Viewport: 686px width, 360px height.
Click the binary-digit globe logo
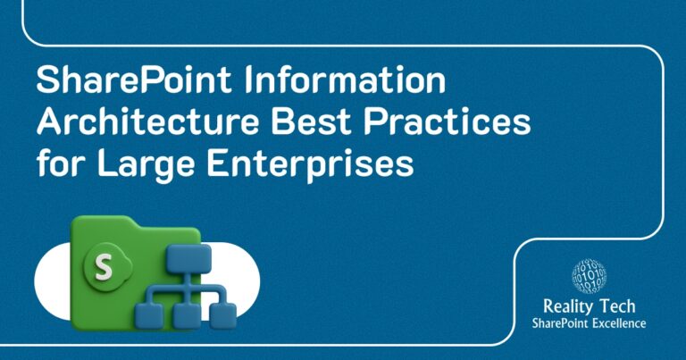(589, 277)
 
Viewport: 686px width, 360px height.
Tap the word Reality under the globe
(562, 307)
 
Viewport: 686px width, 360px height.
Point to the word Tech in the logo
(615, 307)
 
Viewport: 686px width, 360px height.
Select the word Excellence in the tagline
(616, 323)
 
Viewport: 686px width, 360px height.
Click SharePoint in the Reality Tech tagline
(558, 323)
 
